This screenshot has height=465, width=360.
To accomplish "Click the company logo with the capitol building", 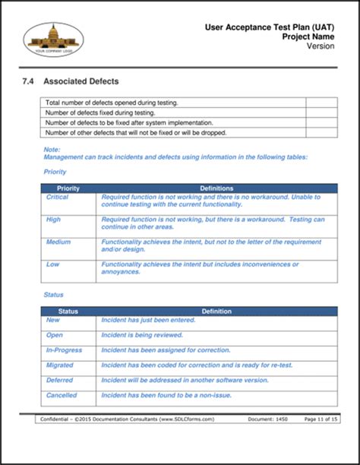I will click(x=52, y=39).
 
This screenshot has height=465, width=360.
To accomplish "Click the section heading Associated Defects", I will click(x=81, y=81).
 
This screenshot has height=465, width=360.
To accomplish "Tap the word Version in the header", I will click(x=321, y=46).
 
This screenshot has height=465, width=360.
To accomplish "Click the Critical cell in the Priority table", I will click(x=58, y=198).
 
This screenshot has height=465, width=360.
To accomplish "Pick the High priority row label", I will click(x=54, y=220).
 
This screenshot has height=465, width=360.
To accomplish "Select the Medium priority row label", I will click(x=58, y=242).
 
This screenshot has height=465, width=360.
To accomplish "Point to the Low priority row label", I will click(x=53, y=264).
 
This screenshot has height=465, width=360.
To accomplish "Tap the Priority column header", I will click(x=69, y=188).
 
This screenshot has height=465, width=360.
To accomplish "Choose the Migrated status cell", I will click(x=61, y=364).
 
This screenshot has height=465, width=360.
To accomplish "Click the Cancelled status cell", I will click(x=62, y=395).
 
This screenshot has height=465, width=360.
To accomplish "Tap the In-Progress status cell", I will click(x=64, y=350).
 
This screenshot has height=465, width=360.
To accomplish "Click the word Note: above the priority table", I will click(x=52, y=149).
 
